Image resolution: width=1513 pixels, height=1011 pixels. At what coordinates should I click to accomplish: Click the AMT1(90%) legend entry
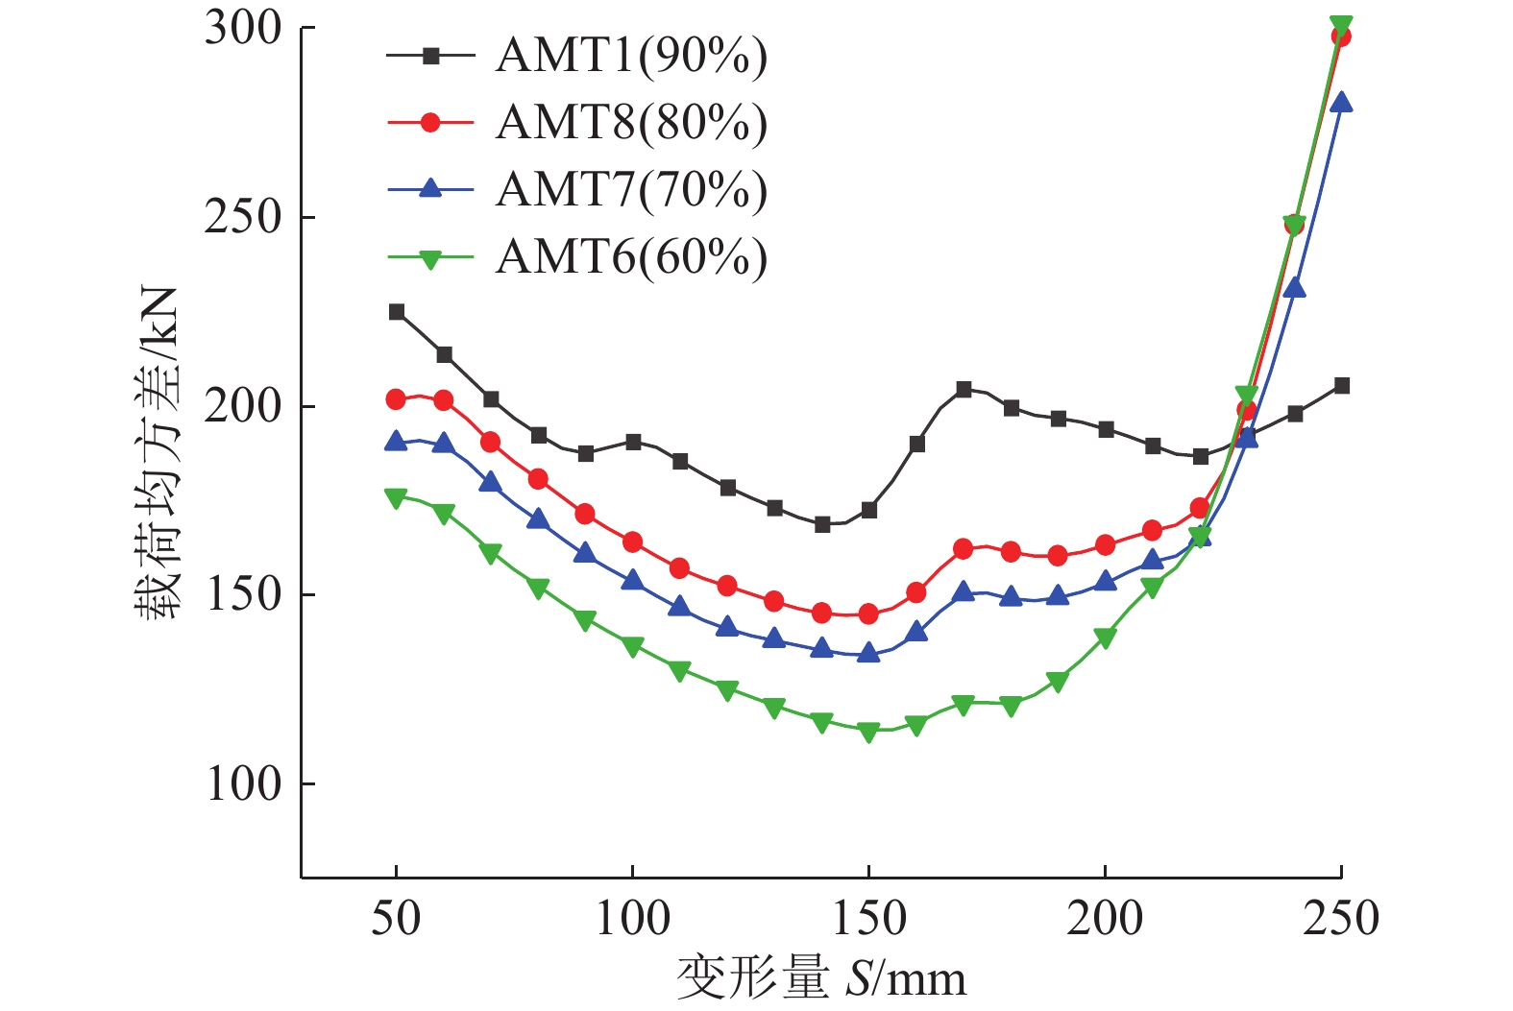click(631, 56)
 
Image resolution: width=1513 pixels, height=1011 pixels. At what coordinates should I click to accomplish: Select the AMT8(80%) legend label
click(631, 123)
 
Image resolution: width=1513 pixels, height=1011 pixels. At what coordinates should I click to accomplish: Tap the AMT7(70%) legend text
click(631, 189)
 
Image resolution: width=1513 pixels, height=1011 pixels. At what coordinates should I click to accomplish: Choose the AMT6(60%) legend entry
click(631, 256)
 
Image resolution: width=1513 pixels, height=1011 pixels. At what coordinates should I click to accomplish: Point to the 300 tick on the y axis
click(243, 28)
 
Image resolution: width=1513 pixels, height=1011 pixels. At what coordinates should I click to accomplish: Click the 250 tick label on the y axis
click(243, 217)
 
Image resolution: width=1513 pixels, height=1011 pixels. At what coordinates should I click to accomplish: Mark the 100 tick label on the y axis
click(243, 784)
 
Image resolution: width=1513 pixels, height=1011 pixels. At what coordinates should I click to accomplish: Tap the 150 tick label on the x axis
click(868, 919)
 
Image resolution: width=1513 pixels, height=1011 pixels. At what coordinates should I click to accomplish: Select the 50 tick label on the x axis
click(396, 919)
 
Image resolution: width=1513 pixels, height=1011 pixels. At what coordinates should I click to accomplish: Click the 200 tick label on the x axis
click(1105, 919)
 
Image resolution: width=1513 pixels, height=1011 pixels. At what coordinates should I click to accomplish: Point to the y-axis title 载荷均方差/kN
click(157, 451)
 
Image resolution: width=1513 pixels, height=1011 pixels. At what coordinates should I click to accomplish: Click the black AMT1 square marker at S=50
click(396, 312)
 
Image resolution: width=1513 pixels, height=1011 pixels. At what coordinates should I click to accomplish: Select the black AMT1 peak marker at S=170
click(964, 389)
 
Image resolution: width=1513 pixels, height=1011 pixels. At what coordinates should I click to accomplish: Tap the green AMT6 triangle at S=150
click(868, 732)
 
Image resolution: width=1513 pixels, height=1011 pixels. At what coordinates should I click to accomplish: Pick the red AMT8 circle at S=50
click(396, 399)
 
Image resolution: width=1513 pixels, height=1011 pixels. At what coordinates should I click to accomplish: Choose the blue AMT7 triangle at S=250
click(1341, 103)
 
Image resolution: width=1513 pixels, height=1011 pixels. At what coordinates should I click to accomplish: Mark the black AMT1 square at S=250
click(1342, 386)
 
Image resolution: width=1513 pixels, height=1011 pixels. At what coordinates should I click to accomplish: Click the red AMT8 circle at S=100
click(632, 542)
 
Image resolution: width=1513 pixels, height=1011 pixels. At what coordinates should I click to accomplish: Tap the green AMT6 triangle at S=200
click(1105, 638)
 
